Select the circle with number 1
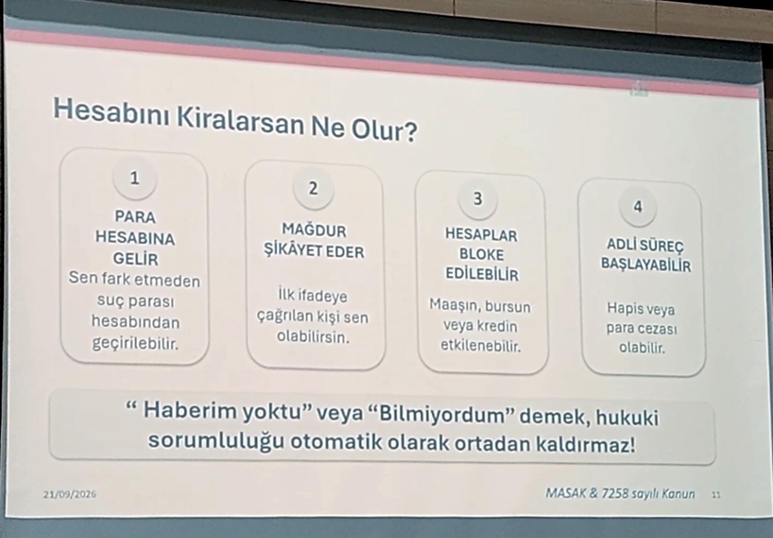pyautogui.click(x=135, y=178)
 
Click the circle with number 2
pyautogui.click(x=314, y=189)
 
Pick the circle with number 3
pyautogui.click(x=478, y=199)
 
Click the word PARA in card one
pyautogui.click(x=135, y=217)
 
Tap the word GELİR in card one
pyautogui.click(x=135, y=259)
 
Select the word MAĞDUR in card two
pyautogui.click(x=314, y=231)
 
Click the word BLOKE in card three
pyautogui.click(x=482, y=255)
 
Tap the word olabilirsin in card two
pyautogui.click(x=313, y=337)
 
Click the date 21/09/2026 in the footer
pyautogui.click(x=70, y=494)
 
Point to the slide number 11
pyautogui.click(x=716, y=495)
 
